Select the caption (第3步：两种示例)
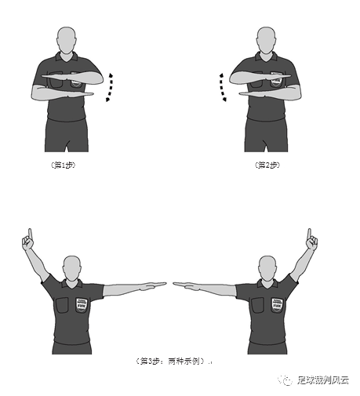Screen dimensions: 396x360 170,361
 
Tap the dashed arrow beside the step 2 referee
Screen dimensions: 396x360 223,86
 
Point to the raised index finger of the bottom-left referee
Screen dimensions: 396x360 28,233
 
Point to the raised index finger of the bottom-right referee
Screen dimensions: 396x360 309,233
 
